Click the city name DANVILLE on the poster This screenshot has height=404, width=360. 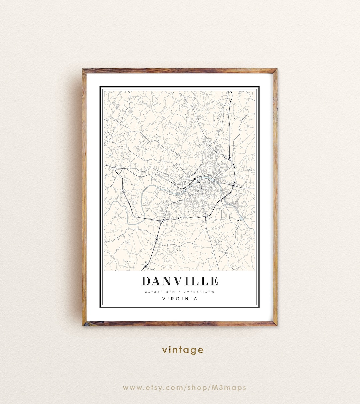[x=180, y=281]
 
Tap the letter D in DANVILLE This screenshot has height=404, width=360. [x=146, y=281]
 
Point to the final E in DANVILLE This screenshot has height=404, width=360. [x=214, y=281]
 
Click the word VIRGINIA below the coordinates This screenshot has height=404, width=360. [x=180, y=299]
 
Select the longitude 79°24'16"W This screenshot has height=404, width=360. [x=200, y=292]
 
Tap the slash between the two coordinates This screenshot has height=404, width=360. [x=180, y=292]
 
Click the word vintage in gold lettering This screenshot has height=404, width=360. [x=183, y=350]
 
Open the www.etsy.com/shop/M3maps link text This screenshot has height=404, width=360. [x=184, y=388]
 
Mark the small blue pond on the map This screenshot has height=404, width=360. [x=241, y=218]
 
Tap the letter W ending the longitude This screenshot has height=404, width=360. [x=213, y=292]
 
